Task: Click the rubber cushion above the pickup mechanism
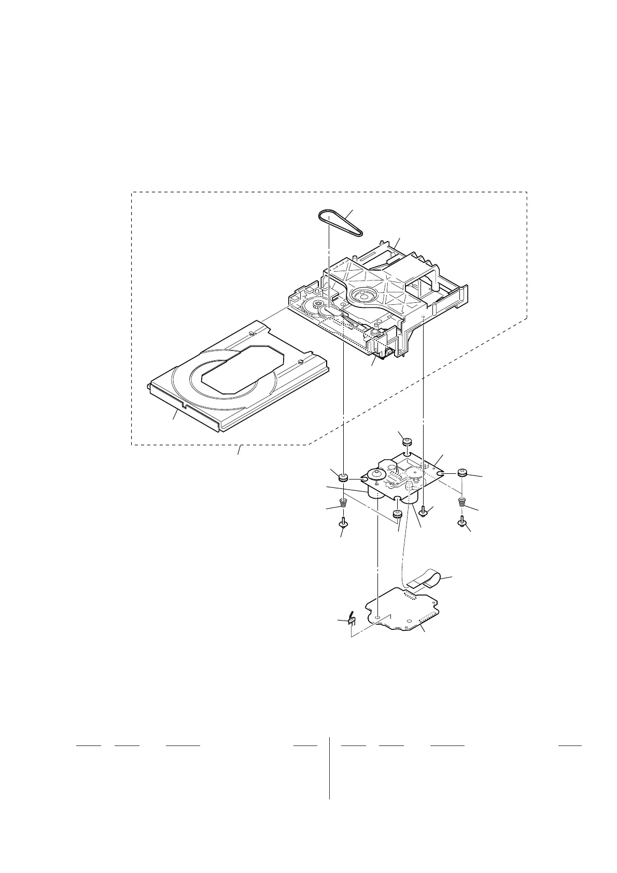coord(406,442)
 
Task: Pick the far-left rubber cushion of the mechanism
coord(343,477)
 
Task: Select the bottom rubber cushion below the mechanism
coord(398,515)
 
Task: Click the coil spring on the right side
coord(462,501)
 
